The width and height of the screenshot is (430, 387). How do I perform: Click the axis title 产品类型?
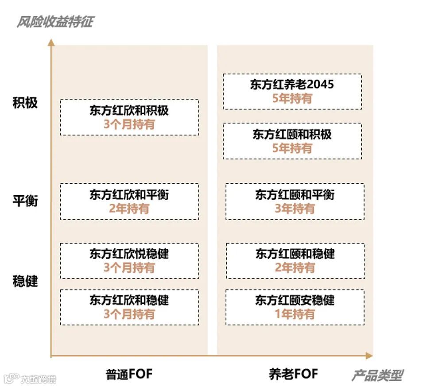[x=377, y=375]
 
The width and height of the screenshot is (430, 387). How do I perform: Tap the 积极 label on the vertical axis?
[x=25, y=103]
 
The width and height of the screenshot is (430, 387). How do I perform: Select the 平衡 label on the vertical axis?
[x=25, y=201]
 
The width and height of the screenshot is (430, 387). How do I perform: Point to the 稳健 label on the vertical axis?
[x=25, y=281]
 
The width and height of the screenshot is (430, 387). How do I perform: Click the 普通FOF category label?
[x=129, y=374]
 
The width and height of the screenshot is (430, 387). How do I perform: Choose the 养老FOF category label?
[x=293, y=374]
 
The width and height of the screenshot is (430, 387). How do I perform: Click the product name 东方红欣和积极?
[x=129, y=110]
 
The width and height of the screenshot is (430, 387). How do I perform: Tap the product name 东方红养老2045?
[x=292, y=85]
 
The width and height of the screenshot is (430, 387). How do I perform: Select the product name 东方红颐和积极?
[x=292, y=134]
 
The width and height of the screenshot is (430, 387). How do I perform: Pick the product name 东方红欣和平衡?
[x=129, y=194]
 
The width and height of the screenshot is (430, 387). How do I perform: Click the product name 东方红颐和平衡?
[x=294, y=194]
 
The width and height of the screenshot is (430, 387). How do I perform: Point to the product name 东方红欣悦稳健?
[x=129, y=254]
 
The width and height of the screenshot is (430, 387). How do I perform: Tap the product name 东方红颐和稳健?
[x=295, y=254]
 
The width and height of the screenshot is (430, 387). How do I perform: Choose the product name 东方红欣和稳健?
[x=129, y=300]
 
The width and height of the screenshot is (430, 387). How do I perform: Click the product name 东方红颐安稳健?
[x=295, y=300]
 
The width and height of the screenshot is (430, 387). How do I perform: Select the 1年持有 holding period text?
[x=295, y=314]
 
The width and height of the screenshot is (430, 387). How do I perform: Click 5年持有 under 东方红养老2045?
[x=292, y=98]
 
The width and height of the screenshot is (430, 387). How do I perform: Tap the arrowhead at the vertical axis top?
[x=51, y=42]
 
